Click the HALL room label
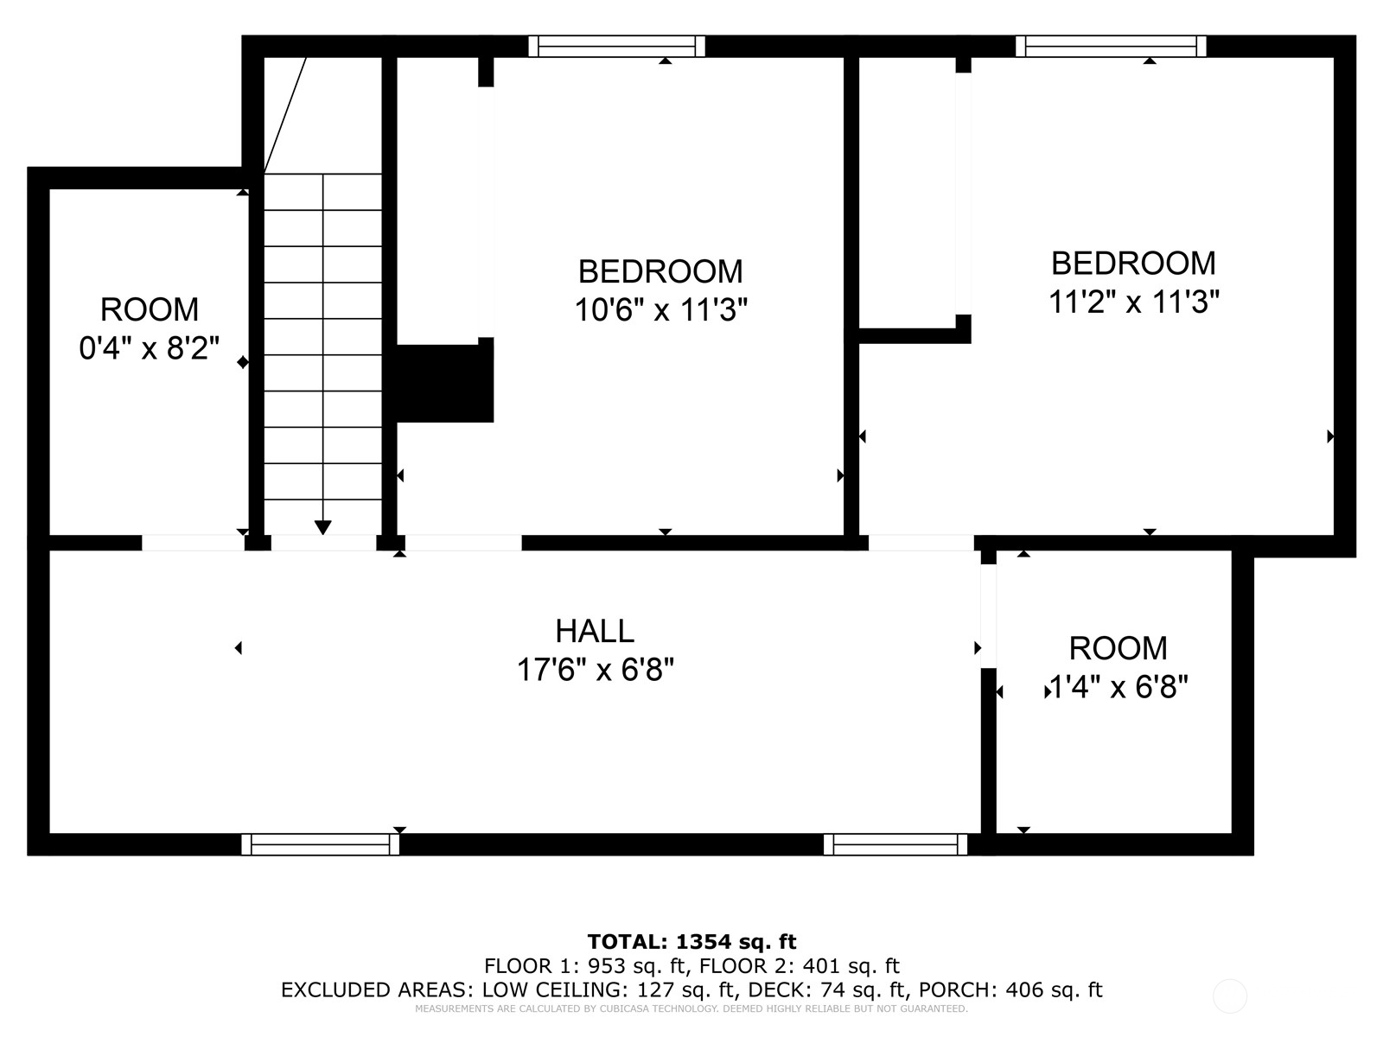pos(594,631)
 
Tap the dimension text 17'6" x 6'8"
pos(595,669)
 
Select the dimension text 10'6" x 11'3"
pos(660,309)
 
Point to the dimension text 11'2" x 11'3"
pos(1133,301)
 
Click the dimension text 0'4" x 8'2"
pos(149,347)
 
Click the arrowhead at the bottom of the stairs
pos(322,528)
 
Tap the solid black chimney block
pos(443,383)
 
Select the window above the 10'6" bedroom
pos(616,46)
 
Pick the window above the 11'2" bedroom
pos(1111,46)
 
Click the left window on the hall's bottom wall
pos(320,844)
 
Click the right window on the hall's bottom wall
pos(895,844)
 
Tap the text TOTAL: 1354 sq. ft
pos(691,942)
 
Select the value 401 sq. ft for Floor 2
pos(851,966)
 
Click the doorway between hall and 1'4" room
pos(988,616)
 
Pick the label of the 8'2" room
pos(150,309)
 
